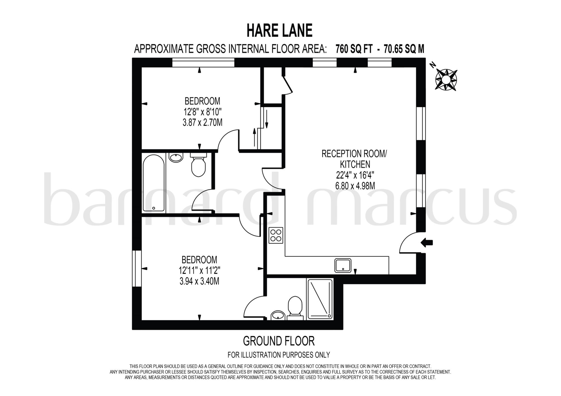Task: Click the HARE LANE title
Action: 279,30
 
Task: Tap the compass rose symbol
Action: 446,79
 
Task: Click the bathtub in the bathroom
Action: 154,183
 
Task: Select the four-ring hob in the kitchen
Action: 276,235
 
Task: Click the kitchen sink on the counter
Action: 343,266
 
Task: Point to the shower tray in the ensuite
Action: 320,299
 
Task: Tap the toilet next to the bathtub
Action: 198,165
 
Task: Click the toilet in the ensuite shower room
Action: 295,307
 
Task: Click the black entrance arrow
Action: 427,242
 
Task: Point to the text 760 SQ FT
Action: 354,49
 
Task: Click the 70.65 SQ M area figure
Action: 404,49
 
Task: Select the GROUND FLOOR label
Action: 279,341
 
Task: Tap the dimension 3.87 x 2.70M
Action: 202,122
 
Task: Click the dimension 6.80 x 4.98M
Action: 355,186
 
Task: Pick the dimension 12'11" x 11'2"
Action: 200,271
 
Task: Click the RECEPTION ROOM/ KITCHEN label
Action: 354,159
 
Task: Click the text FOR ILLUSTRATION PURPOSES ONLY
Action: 279,355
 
